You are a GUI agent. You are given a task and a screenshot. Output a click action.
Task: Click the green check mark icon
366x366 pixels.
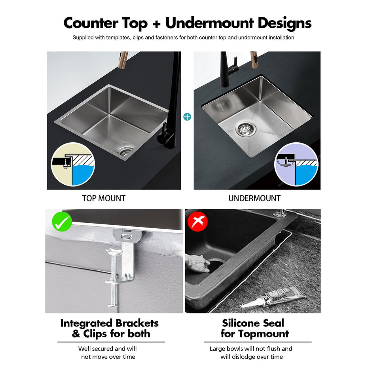pos(61,222)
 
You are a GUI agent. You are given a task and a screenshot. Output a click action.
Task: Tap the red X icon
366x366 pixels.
pos(198,222)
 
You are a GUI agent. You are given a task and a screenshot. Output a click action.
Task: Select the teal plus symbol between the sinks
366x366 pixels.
pos(187,117)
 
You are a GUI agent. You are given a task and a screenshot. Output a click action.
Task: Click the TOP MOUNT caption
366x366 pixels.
pos(104,198)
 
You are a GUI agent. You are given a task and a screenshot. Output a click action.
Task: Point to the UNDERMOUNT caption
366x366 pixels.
pos(254,198)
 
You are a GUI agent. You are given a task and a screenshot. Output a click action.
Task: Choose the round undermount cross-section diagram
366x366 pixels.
pos(296,164)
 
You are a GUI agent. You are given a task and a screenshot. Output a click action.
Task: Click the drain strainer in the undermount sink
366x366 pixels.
pos(243,128)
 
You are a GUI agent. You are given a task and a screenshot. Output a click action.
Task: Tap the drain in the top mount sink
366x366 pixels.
pos(126,151)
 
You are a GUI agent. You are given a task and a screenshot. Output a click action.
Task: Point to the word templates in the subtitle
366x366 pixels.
pos(117,38)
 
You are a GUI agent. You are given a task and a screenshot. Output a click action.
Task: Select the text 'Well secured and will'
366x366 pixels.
pos(108,349)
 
